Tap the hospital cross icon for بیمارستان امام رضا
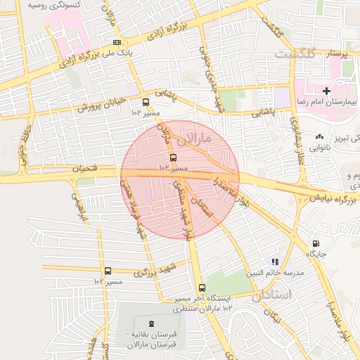pos(327,91)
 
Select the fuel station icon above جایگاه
pos(314,244)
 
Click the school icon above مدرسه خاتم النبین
pos(275,262)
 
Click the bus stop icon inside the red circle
pos(173,157)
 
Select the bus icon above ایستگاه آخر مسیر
pos(202,288)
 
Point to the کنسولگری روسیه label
pos(53,5)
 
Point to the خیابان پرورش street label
pos(101,103)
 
